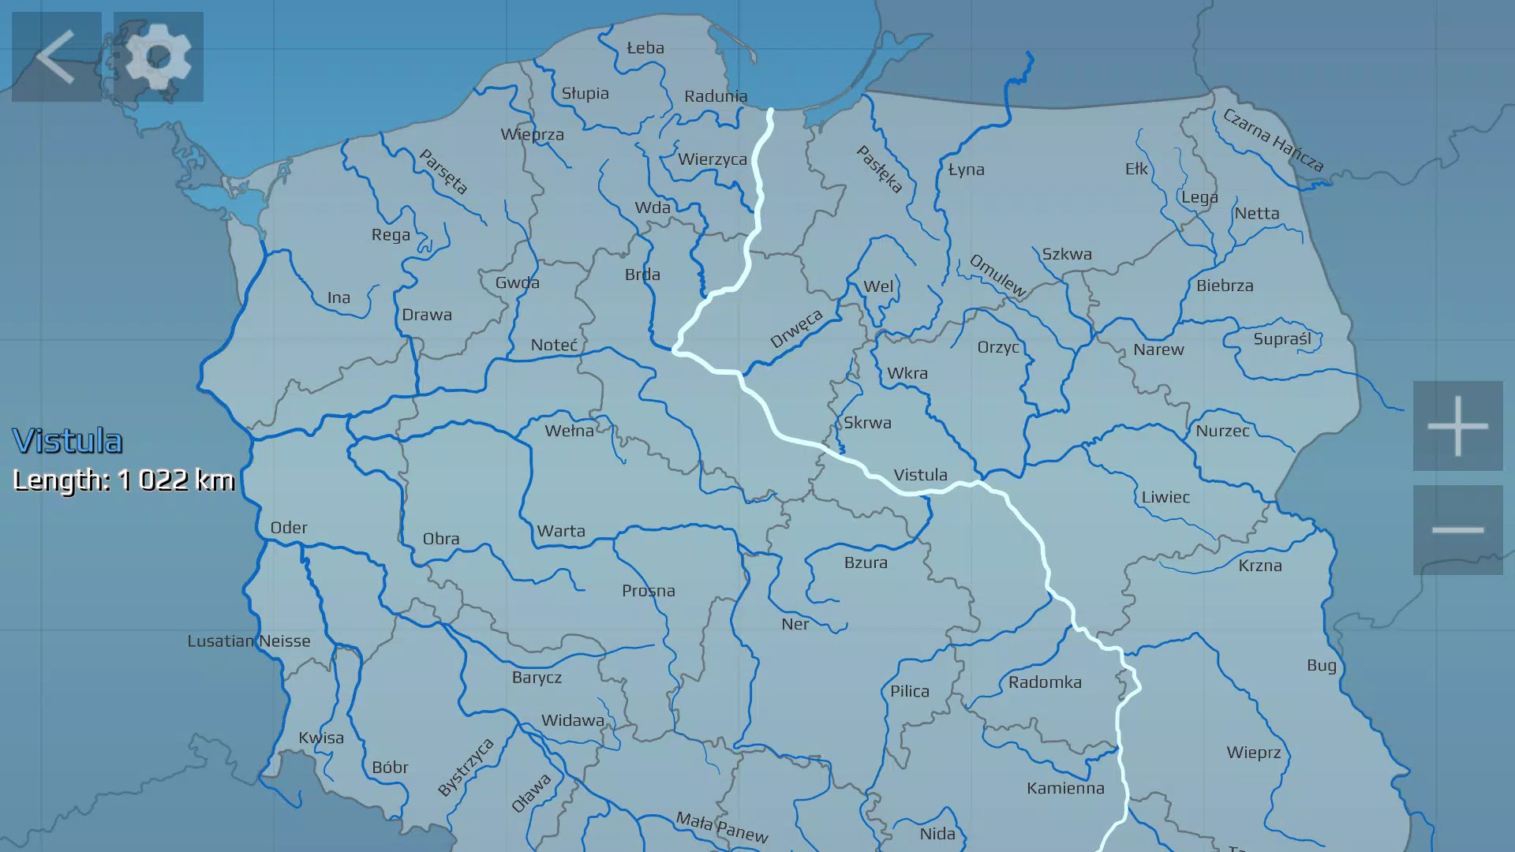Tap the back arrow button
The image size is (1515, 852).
point(56,57)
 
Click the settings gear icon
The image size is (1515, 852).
point(159,57)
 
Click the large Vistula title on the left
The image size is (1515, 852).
point(68,441)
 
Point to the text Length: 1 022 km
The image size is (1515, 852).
point(124,480)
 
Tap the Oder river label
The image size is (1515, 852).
point(289,528)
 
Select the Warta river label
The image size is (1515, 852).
point(561,531)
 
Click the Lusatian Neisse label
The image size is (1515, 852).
point(249,641)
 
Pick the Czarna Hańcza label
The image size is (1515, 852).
point(1273,140)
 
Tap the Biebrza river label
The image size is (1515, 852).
point(1225,286)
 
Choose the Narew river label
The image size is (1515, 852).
point(1158,349)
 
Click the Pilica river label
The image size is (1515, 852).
point(910,691)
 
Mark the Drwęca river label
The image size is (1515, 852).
point(796,329)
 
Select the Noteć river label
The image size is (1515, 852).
point(554,345)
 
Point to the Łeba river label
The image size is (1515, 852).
point(645,48)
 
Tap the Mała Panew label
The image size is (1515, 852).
point(722,827)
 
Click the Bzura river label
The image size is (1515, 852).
point(866,562)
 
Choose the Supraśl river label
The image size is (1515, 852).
point(1282,338)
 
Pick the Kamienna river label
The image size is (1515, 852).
point(1065,788)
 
